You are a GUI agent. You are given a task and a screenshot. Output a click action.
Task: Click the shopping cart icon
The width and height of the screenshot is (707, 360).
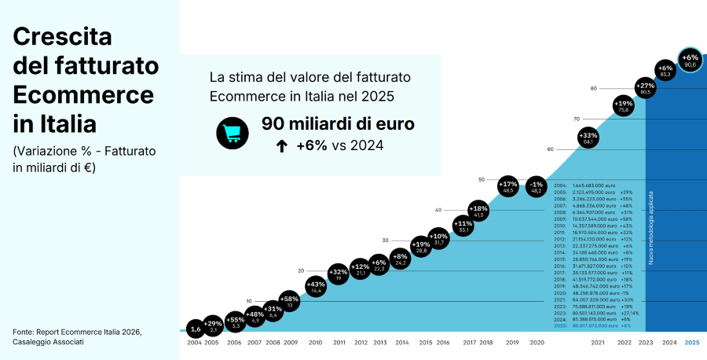click(x=232, y=134)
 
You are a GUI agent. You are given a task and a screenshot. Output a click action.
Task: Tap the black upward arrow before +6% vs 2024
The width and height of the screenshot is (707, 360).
click(x=281, y=145)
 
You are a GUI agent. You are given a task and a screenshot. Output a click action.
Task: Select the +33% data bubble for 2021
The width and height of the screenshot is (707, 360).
click(x=589, y=138)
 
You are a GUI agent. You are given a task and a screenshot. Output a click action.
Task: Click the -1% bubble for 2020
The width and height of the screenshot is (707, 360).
click(x=537, y=186)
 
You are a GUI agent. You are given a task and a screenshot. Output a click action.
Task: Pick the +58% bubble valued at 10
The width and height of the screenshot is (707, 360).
click(x=290, y=302)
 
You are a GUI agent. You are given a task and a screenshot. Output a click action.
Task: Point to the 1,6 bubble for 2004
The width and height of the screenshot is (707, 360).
click(x=195, y=329)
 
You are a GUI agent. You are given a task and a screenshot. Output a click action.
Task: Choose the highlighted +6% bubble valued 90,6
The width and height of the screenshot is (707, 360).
click(x=690, y=61)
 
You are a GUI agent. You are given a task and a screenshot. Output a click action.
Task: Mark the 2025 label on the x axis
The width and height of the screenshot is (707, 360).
click(x=691, y=343)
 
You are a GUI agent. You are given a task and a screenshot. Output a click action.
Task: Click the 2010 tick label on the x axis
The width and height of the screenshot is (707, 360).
click(x=315, y=343)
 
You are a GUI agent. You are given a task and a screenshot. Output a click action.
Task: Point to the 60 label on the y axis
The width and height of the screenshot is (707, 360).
click(x=550, y=149)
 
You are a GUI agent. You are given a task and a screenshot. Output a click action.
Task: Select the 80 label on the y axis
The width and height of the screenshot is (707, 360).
click(x=593, y=88)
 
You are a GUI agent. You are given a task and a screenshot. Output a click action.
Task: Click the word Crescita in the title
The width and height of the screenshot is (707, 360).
click(x=63, y=36)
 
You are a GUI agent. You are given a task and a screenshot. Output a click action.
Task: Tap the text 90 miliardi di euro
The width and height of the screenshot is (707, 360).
click(x=338, y=124)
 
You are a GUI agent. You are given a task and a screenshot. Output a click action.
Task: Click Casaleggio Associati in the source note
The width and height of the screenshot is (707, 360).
click(x=48, y=342)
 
